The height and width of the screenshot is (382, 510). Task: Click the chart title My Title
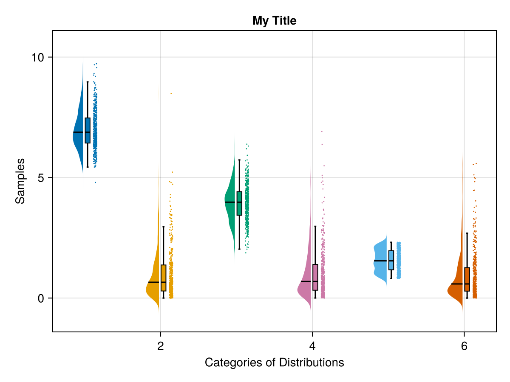(274, 20)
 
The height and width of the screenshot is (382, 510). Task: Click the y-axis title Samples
(20, 181)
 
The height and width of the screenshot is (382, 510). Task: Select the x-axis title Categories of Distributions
(274, 362)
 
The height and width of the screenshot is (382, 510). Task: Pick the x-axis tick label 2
(161, 346)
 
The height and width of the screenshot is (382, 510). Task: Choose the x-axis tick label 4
(312, 346)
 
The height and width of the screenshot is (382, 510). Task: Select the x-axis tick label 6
(464, 346)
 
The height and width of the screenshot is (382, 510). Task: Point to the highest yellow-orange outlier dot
(171, 93)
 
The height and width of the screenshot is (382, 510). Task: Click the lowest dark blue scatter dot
(96, 182)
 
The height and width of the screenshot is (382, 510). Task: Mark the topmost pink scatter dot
(322, 132)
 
